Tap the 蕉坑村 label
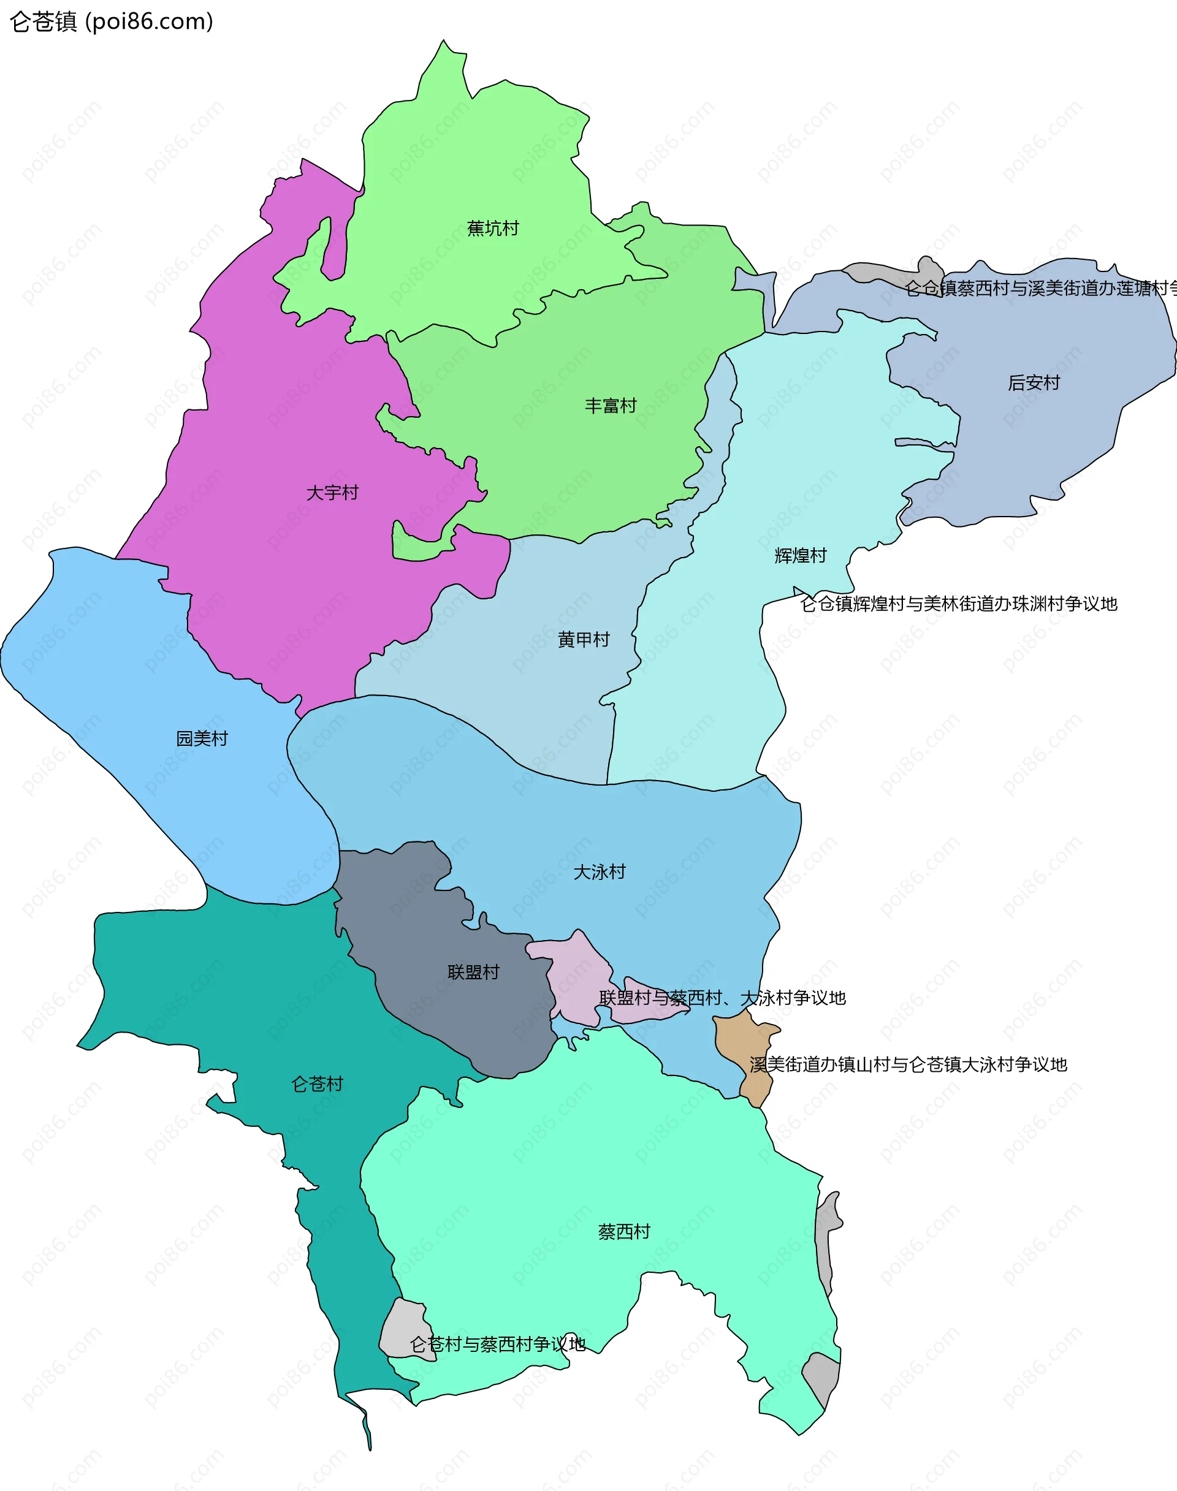click(493, 228)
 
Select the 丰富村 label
click(611, 406)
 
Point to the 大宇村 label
click(332, 493)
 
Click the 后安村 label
click(1034, 382)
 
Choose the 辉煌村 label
click(800, 555)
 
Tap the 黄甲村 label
click(584, 639)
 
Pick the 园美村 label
click(202, 738)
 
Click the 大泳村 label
click(600, 872)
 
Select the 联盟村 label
click(473, 972)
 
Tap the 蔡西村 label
click(624, 1232)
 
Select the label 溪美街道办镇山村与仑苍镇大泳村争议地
click(908, 1064)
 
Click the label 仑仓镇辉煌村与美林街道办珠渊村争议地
click(958, 604)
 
